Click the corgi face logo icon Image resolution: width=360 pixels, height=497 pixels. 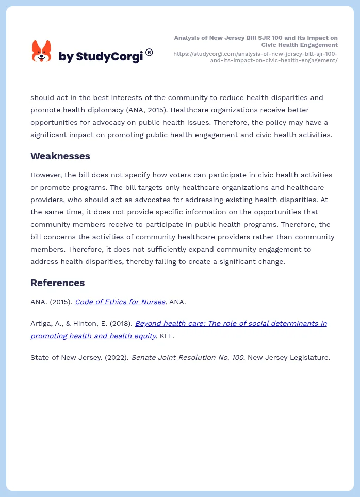[x=41, y=51]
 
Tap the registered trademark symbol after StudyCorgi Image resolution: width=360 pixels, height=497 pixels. [x=149, y=52]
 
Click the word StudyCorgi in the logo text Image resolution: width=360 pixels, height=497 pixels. [x=109, y=57]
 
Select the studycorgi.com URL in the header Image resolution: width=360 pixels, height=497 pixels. [x=255, y=57]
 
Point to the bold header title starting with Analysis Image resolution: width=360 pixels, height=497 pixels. [x=256, y=41]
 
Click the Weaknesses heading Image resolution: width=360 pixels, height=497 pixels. [x=60, y=156]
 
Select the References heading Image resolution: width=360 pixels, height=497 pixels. [x=57, y=283]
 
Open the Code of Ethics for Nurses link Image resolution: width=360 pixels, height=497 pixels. [x=120, y=302]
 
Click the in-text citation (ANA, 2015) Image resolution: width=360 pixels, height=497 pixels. [x=150, y=110]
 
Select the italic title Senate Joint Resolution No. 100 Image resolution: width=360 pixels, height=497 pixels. [x=188, y=357]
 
